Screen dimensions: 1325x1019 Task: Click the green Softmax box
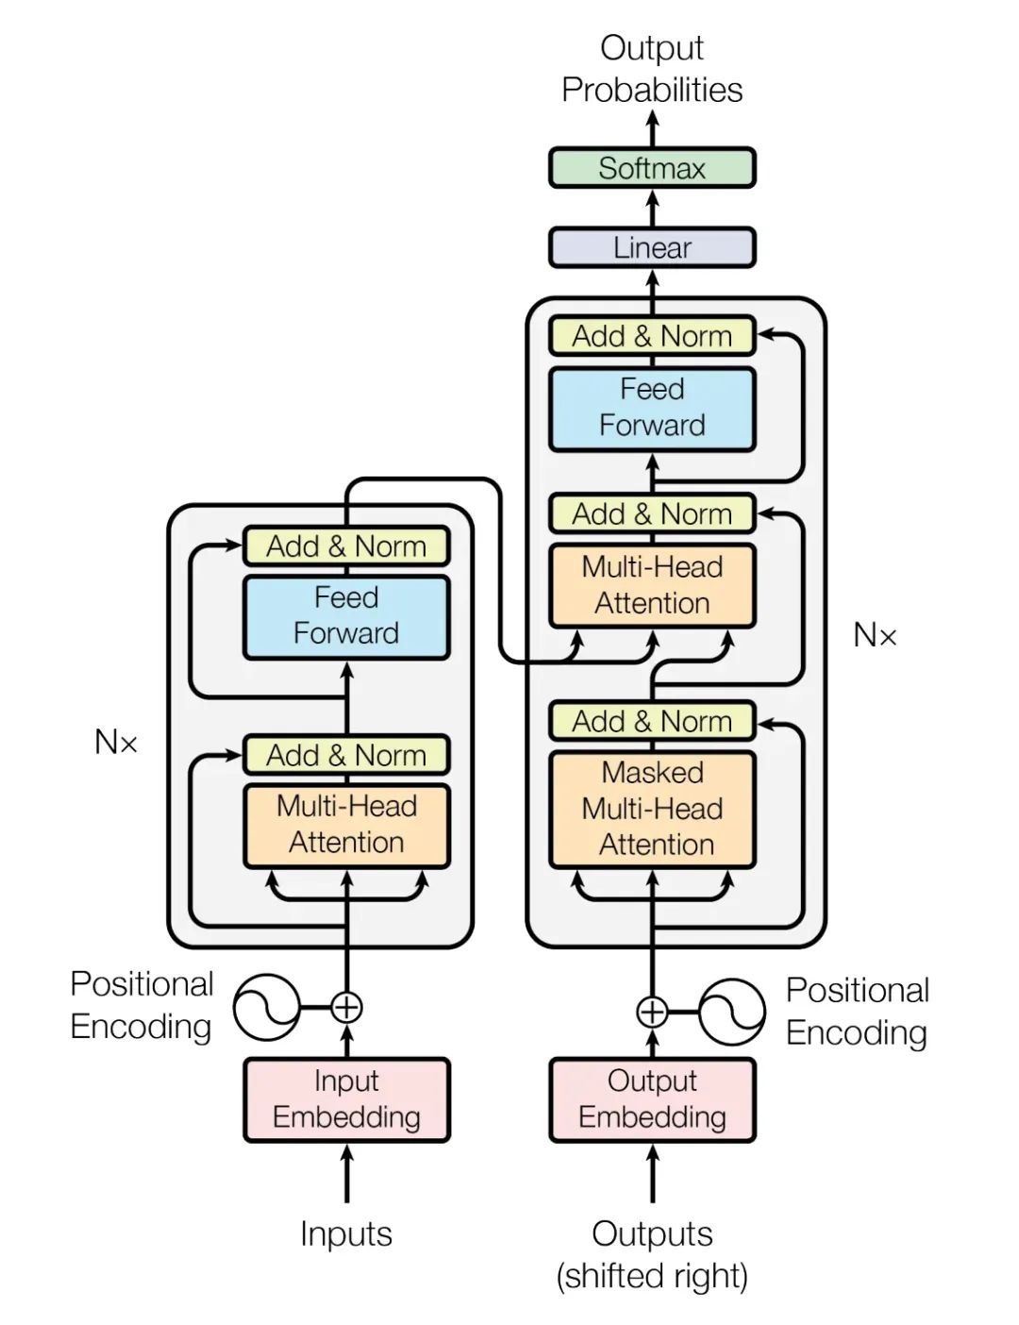click(652, 168)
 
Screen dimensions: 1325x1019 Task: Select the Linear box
click(652, 247)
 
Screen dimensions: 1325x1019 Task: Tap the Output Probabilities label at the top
click(652, 69)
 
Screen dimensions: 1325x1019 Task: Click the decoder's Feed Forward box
click(652, 408)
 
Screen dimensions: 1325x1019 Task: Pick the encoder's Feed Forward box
click(346, 616)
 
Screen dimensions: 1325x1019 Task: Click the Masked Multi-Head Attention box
click(652, 809)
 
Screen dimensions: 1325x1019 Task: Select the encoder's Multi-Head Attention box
click(346, 825)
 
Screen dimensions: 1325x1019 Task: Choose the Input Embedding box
click(346, 1099)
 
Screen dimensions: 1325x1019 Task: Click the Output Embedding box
click(652, 1099)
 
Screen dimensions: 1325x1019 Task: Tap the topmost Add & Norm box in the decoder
click(652, 336)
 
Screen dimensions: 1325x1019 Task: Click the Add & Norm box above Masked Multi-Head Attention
click(652, 721)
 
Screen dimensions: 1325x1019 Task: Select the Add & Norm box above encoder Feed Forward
click(346, 546)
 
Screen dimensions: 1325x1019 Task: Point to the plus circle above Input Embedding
click(346, 1008)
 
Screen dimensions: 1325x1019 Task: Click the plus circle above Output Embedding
click(652, 1012)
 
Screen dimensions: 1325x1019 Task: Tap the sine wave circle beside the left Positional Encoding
click(266, 1007)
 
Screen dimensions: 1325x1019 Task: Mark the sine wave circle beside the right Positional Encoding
click(732, 1012)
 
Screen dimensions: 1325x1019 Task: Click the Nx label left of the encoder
click(116, 743)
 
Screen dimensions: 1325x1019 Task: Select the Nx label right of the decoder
click(875, 635)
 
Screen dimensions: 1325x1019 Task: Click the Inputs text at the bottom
click(346, 1233)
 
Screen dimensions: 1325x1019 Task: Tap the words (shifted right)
click(652, 1276)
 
